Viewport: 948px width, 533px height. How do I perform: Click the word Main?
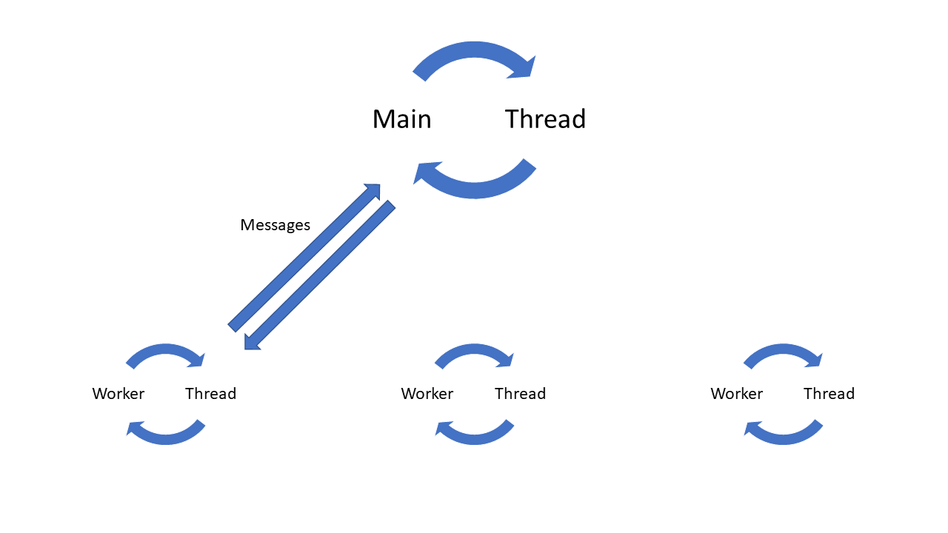(401, 119)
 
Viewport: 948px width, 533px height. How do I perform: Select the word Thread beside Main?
(545, 119)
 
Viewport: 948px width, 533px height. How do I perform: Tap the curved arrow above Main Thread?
(474, 52)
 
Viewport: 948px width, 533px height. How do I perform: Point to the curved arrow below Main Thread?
(474, 188)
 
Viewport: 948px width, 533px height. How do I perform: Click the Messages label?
(275, 225)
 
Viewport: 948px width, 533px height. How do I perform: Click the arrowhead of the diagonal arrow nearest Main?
(373, 192)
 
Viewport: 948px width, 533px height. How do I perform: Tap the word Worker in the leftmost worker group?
(118, 394)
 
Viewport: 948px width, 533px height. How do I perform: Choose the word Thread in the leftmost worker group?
(210, 394)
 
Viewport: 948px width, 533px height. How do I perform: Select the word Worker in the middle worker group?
(427, 394)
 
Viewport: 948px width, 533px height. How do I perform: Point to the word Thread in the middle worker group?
(520, 394)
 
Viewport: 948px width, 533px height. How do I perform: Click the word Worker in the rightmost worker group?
(736, 394)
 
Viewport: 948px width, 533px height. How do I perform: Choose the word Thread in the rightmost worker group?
(829, 394)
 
